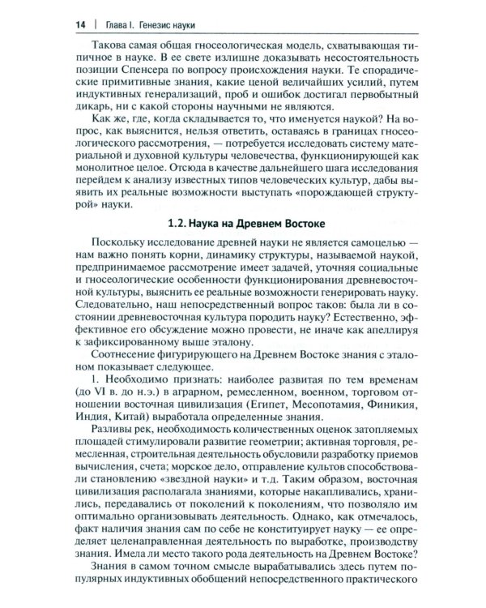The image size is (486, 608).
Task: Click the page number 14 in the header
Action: pos(60,25)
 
